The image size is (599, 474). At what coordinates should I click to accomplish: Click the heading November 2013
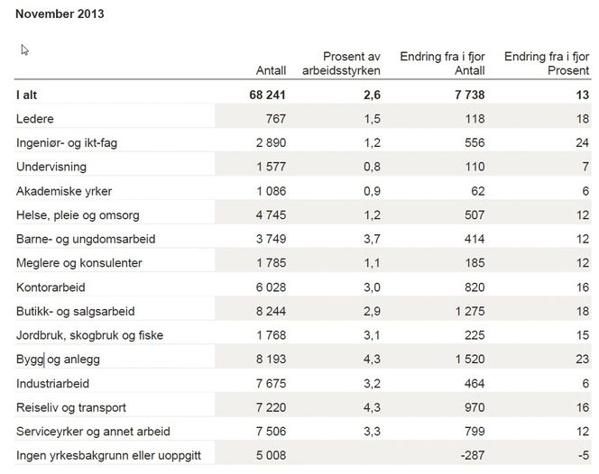coord(59,15)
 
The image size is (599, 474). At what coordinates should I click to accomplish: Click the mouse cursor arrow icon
coord(25,50)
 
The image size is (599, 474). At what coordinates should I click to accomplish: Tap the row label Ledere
coord(35,119)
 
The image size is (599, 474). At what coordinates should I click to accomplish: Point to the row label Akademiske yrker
coord(64,191)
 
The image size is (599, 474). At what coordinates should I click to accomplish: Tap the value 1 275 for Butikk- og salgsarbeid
coord(469,311)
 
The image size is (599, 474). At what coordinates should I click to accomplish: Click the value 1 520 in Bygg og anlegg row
coord(469,360)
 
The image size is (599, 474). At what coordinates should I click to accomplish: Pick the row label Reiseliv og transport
coord(71,407)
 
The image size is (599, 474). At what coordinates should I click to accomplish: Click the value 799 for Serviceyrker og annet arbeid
coord(474,432)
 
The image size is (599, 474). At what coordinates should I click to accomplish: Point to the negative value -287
coord(472,455)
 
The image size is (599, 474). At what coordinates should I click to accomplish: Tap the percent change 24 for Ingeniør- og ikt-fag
coord(582,142)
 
